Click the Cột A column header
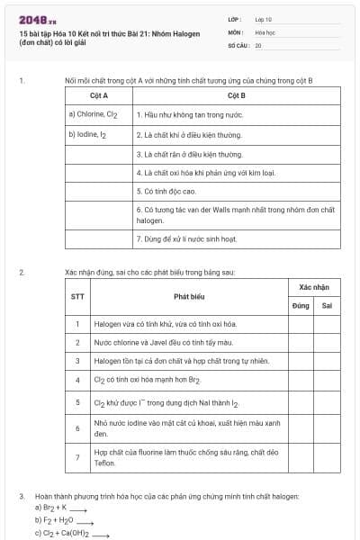tap(99, 95)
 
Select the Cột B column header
tap(237, 95)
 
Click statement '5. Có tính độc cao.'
tap(166, 191)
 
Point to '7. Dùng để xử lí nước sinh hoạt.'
tap(186, 238)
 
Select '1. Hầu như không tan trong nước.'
tap(189, 115)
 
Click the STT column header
tap(77, 295)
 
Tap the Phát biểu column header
tap(190, 295)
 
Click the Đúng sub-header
tap(301, 305)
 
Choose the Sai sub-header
tap(327, 305)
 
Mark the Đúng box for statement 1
tap(301, 324)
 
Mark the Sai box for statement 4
tap(327, 380)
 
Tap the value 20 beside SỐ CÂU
tap(258, 44)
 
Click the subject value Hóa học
tap(265, 31)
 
